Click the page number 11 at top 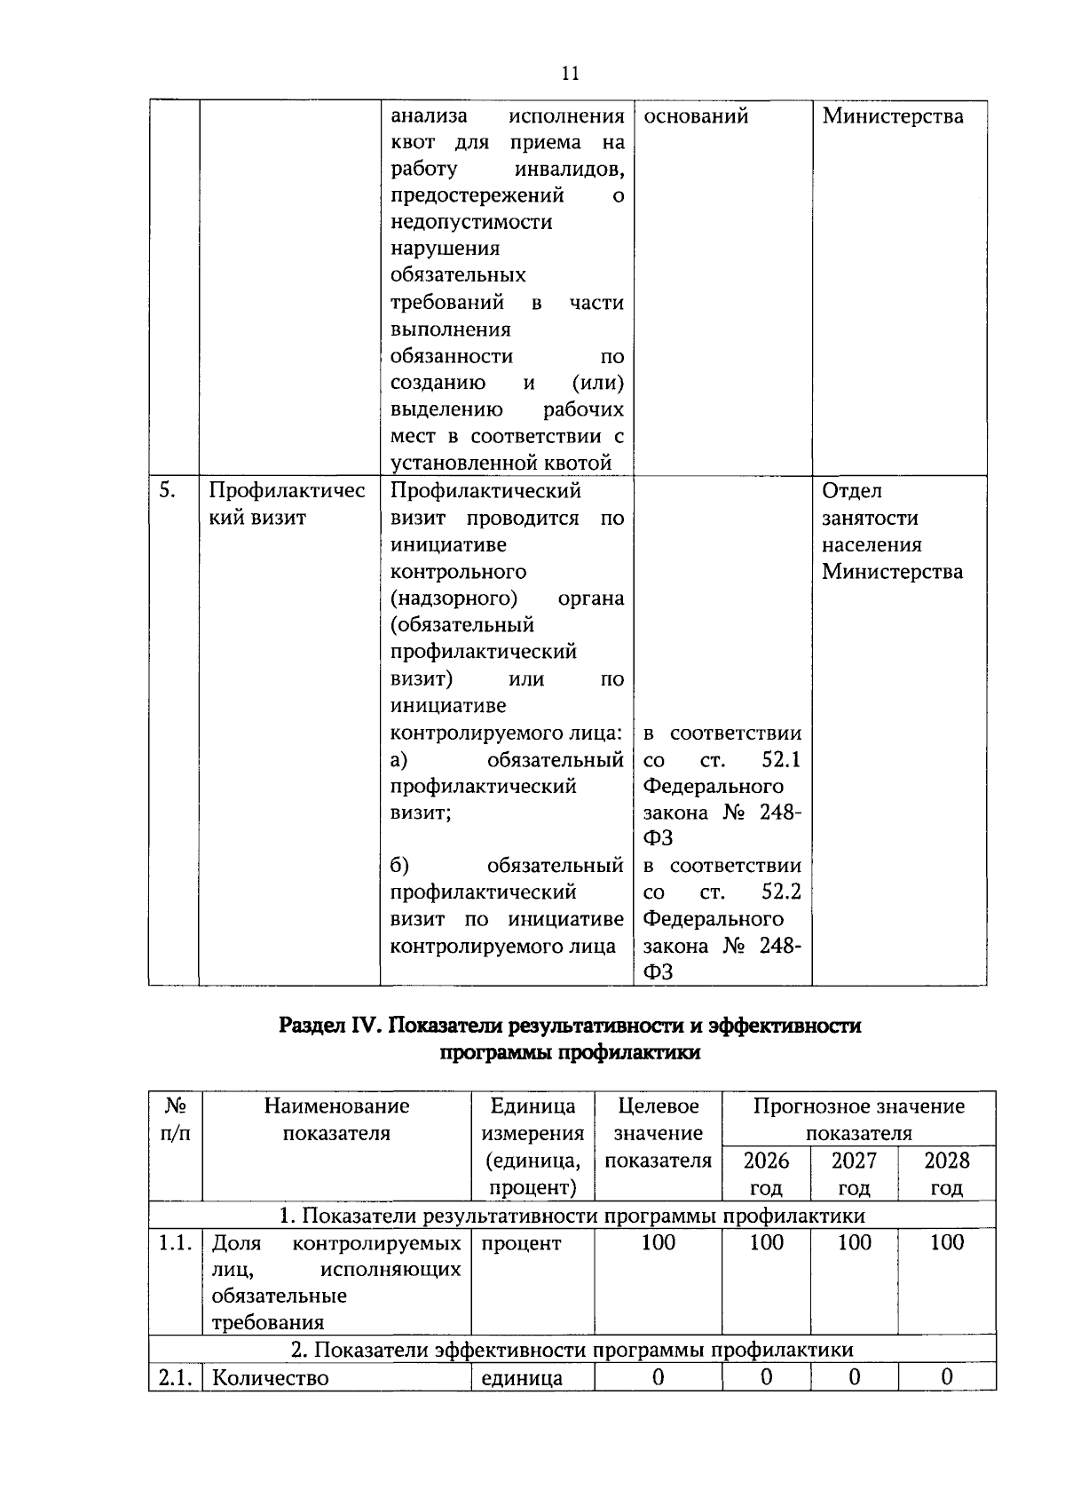coord(570,74)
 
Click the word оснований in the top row coord(696,116)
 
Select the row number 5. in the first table coord(167,490)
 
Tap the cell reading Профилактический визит coord(287,504)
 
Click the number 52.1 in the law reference coord(781,760)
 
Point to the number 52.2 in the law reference coord(781,892)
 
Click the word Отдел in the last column coord(851,491)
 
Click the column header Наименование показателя coord(336,1119)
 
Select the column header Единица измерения coord(532,1119)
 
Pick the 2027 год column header coord(854,1173)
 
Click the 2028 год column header coord(946,1173)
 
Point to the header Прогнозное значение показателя coord(858,1119)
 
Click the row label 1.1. coord(175,1242)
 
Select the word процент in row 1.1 coord(521,1243)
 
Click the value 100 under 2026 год coord(766,1242)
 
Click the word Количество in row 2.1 coord(270,1378)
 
